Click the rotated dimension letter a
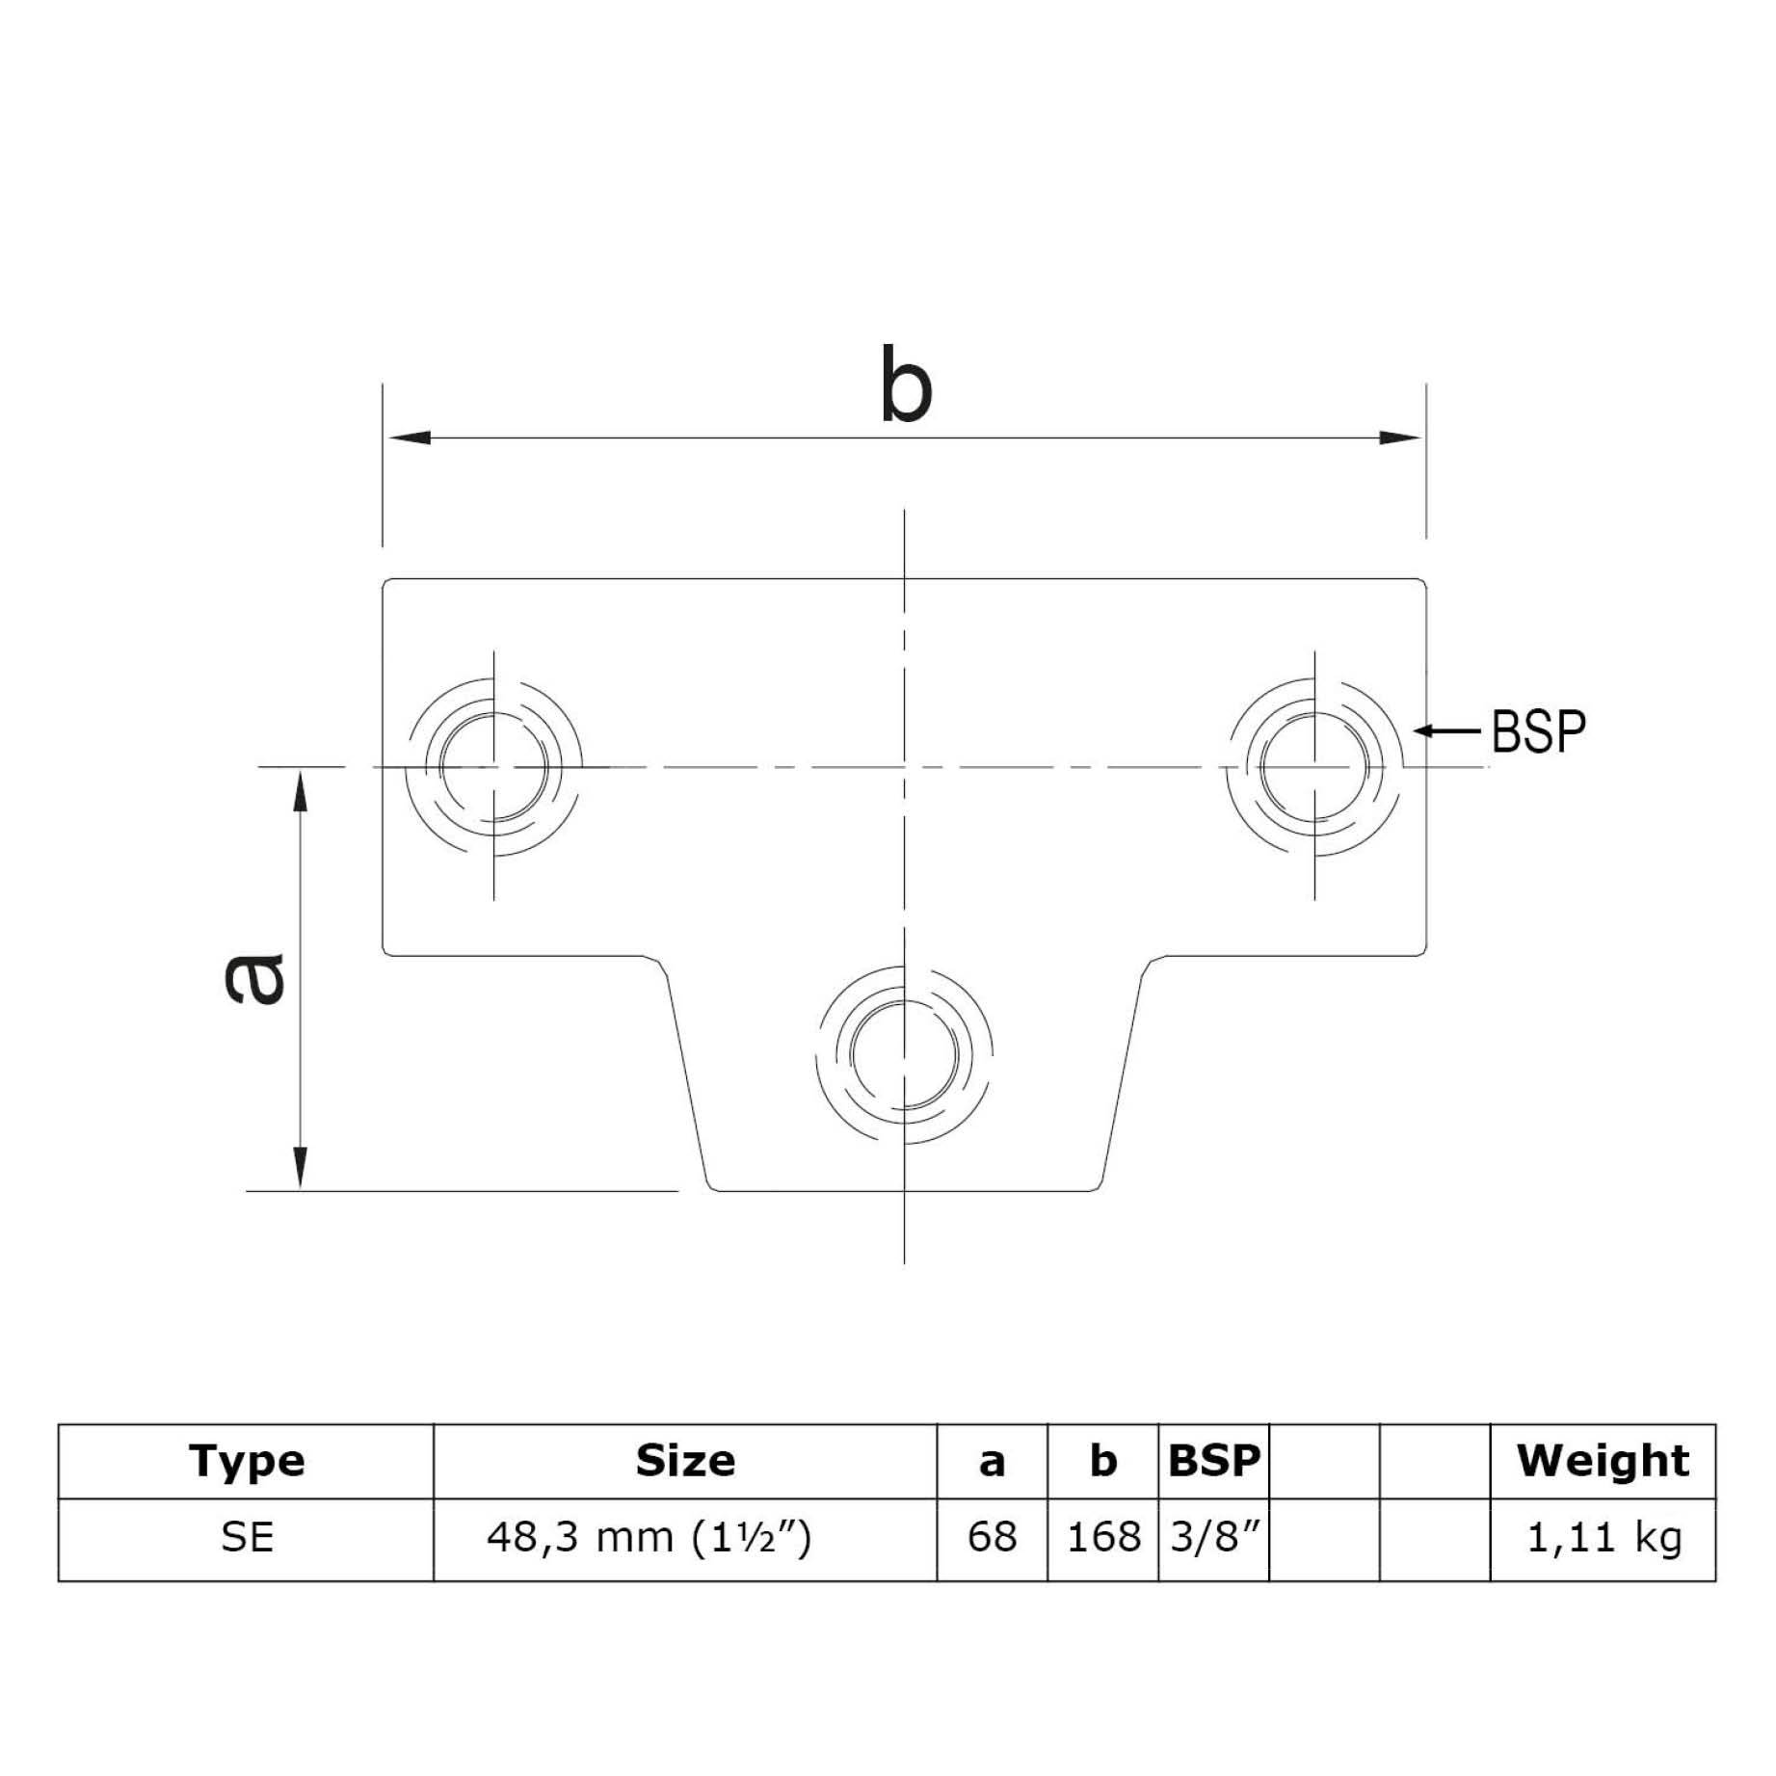tap(254, 977)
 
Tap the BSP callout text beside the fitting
tap(1538, 731)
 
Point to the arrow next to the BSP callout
tap(1446, 731)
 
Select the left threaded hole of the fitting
tap(493, 767)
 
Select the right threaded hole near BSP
tap(1313, 767)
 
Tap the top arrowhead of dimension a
tap(301, 790)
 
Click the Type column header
tap(247, 1461)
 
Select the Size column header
tap(685, 1461)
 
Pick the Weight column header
tap(1603, 1461)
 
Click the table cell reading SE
tap(247, 1537)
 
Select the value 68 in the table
tap(992, 1537)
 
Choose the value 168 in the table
tap(1103, 1537)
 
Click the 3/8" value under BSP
tap(1214, 1537)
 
